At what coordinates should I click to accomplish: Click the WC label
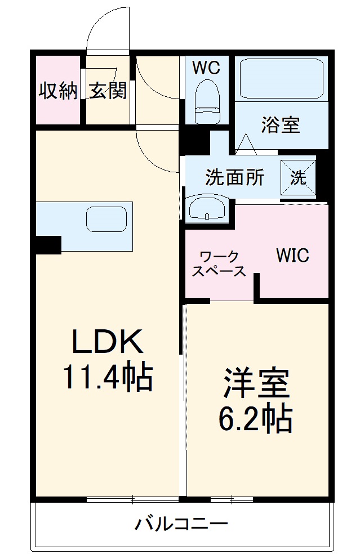click(206, 68)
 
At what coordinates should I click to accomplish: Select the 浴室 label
click(280, 124)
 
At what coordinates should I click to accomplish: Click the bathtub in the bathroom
click(281, 79)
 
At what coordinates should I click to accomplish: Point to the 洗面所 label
click(234, 177)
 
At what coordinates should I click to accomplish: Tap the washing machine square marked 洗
click(299, 177)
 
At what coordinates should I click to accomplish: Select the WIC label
click(292, 256)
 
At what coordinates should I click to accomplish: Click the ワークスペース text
click(219, 264)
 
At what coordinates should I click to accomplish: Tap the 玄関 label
click(108, 90)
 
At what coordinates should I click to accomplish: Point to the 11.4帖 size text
click(106, 378)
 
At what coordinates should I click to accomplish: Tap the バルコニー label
click(181, 526)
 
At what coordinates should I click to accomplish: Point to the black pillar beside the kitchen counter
click(48, 245)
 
